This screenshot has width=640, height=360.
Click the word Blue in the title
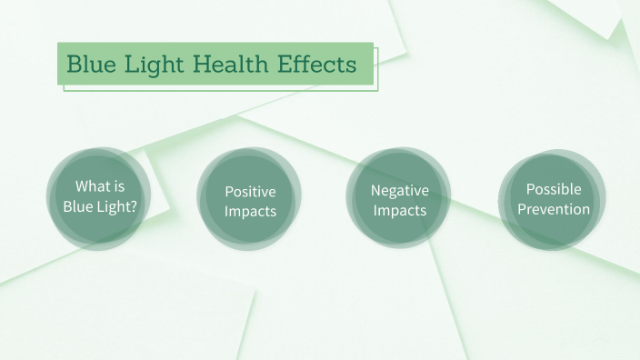pyautogui.click(x=91, y=65)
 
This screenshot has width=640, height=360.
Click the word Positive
pyautogui.click(x=250, y=191)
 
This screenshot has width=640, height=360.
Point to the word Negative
pyautogui.click(x=399, y=191)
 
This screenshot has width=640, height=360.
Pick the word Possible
pyautogui.click(x=554, y=189)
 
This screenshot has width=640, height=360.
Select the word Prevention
pyautogui.click(x=554, y=209)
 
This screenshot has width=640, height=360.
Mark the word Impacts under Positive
pyautogui.click(x=250, y=211)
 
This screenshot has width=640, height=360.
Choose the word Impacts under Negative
pyautogui.click(x=399, y=211)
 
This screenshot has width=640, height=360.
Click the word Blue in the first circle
pyautogui.click(x=78, y=205)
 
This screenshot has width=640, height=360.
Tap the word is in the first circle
pyautogui.click(x=119, y=185)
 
